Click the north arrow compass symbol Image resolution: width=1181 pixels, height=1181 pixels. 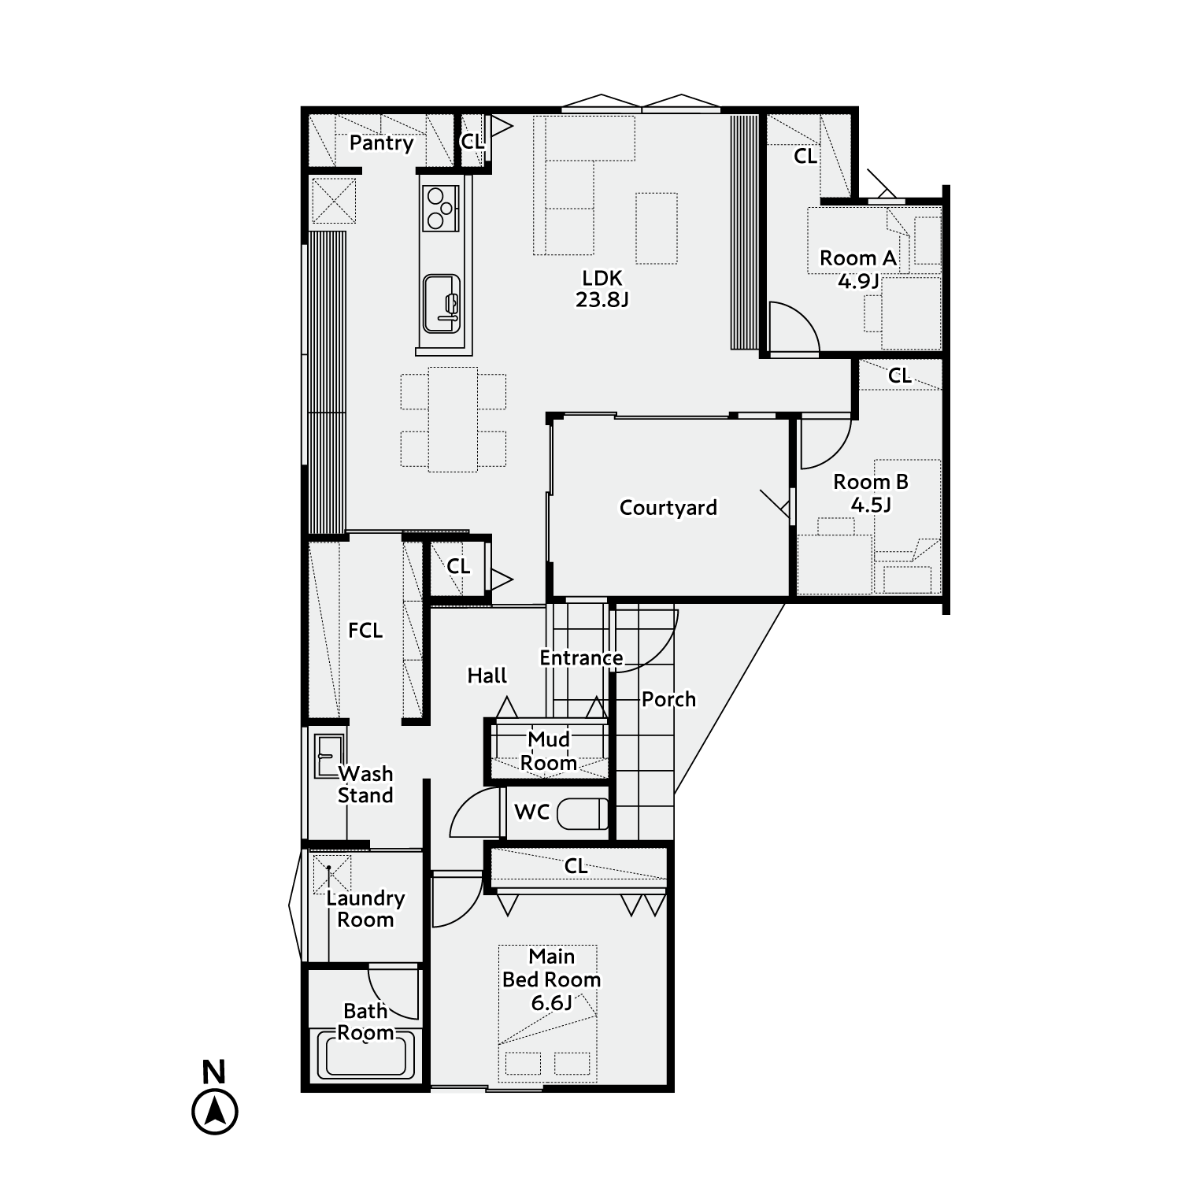pyautogui.click(x=214, y=1112)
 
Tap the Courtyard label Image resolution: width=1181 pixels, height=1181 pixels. pyautogui.click(x=668, y=508)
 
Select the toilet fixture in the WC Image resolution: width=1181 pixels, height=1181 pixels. pyautogui.click(x=583, y=813)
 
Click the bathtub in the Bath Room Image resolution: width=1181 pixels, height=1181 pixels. pyautogui.click(x=366, y=1054)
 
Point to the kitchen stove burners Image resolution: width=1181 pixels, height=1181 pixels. pyautogui.click(x=440, y=208)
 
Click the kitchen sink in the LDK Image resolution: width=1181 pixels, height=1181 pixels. pyautogui.click(x=441, y=303)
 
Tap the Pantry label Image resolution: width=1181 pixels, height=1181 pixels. pyautogui.click(x=381, y=143)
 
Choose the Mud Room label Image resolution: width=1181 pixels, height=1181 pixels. pyautogui.click(x=549, y=751)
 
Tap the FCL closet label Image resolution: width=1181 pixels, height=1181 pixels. pyautogui.click(x=365, y=630)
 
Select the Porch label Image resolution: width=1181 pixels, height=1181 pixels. pyautogui.click(x=668, y=699)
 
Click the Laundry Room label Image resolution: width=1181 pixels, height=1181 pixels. pyautogui.click(x=365, y=909)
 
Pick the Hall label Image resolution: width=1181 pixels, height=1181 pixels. pyautogui.click(x=487, y=676)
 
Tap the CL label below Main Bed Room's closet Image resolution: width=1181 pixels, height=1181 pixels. pyautogui.click(x=576, y=866)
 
